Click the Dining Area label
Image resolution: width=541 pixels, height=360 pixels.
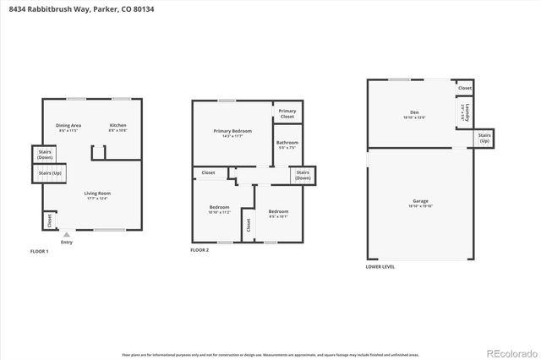(68, 128)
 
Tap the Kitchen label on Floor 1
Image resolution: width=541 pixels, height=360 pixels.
(117, 128)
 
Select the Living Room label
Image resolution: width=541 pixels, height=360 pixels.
(97, 196)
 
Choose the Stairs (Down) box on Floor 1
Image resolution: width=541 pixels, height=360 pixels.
(45, 154)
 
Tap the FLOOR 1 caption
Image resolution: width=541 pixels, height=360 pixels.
(40, 251)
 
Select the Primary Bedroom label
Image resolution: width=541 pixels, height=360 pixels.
(232, 133)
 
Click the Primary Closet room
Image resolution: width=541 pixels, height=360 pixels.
(287, 113)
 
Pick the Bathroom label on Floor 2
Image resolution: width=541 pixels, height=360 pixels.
(287, 145)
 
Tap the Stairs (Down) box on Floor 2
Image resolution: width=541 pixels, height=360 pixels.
(303, 175)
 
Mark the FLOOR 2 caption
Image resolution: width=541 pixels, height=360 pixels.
(199, 251)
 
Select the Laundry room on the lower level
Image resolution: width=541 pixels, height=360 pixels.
(464, 112)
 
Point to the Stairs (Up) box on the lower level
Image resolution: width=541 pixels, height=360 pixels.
(484, 137)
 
